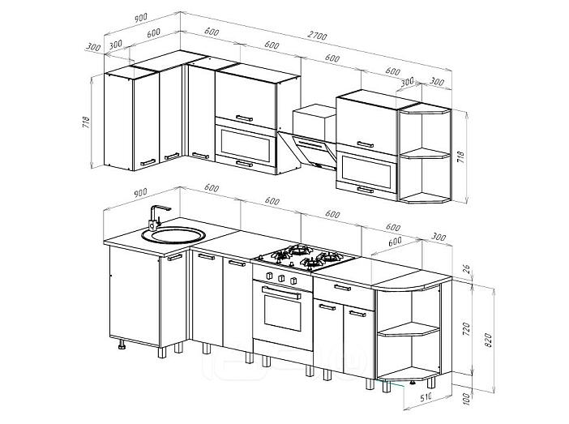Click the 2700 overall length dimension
pos(317,36)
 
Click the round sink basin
pos(173,235)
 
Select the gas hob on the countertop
pos(304,257)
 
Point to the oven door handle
pos(281,293)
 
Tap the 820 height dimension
pos(489,340)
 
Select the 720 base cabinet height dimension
pos(467,328)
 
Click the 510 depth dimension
pos(426,398)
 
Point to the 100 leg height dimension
pos(467,398)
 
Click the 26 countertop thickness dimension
pos(467,269)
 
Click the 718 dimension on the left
pos(86,122)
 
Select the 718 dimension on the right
pos(461,156)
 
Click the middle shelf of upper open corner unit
pos(426,153)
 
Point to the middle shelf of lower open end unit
pos(409,329)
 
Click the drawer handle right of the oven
pos(343,288)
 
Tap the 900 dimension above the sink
pos(140,192)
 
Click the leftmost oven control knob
pos(269,276)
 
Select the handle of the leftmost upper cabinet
pos(148,162)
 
